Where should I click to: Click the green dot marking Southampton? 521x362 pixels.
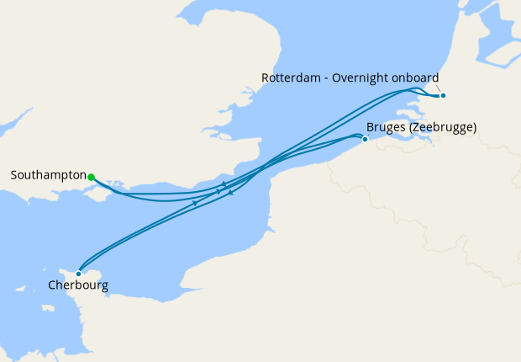pos(91,177)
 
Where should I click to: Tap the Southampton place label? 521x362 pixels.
pos(49,176)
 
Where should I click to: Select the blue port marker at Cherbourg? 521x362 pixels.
pos(78,273)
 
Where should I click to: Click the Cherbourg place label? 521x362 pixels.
pos(77,286)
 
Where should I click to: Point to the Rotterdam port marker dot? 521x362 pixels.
pos(443,95)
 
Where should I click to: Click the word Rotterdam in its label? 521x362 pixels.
pos(292,78)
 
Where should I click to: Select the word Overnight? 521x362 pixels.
pos(362,78)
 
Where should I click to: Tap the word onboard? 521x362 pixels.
pos(415,78)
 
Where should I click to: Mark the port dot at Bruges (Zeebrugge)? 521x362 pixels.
pos(365,139)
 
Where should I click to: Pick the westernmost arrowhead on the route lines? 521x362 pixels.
pos(195,203)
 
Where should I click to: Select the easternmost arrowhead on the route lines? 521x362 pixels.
pos(230,193)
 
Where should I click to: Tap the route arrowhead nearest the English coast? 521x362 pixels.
pos(224,184)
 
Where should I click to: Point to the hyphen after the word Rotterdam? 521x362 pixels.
pos(328,78)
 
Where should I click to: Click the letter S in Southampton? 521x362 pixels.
pos(14,176)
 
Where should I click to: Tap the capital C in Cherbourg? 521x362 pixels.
pos(51,286)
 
